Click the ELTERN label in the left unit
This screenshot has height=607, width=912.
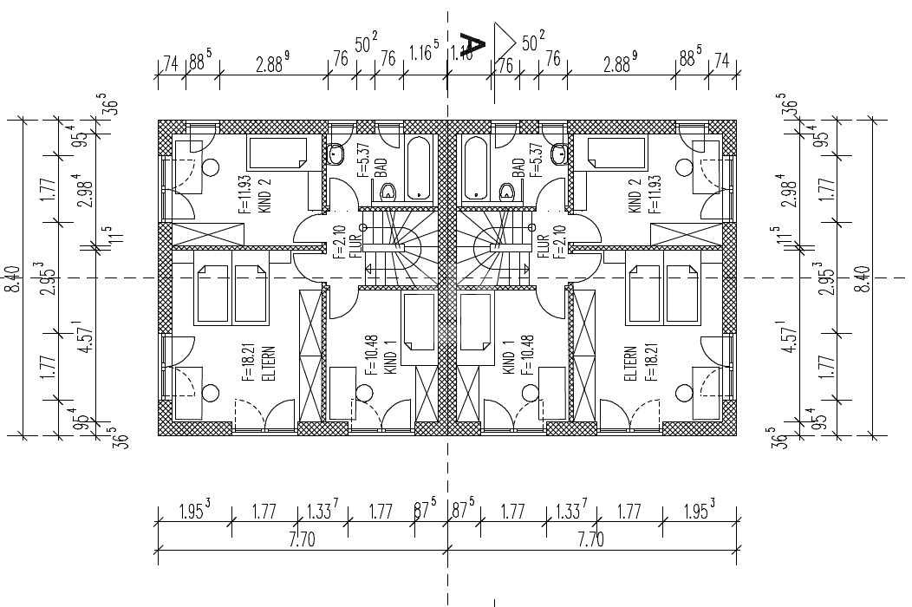270,364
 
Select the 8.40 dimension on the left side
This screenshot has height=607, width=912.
12,277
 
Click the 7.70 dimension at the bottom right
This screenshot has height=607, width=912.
590,540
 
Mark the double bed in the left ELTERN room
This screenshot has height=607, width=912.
231,292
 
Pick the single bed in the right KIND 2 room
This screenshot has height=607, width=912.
616,153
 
